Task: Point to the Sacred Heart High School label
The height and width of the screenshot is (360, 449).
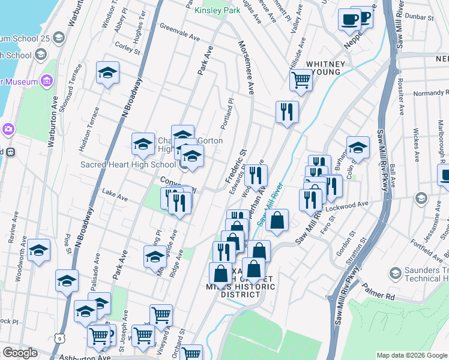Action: point(128,164)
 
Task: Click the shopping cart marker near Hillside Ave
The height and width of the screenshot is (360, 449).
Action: point(301,80)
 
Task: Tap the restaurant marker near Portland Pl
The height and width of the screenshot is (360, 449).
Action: point(287,111)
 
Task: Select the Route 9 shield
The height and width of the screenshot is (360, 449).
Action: point(59,338)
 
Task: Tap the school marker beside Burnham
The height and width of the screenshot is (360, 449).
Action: point(357,146)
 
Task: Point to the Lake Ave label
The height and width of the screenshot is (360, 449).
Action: point(115,196)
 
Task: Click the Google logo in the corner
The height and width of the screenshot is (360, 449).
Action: point(20,353)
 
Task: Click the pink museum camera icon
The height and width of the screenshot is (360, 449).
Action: point(7,128)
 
